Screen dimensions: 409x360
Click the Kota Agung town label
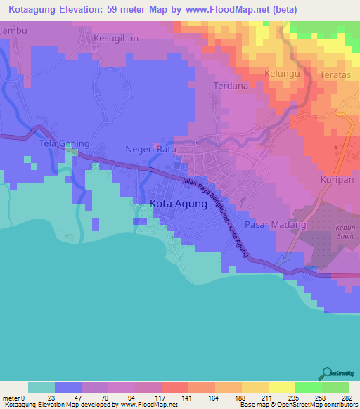click(179, 204)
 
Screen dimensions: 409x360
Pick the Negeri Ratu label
click(149, 149)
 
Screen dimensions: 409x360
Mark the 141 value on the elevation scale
click(188, 397)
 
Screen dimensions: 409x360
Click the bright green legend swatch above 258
click(309, 387)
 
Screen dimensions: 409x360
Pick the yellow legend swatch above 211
click(255, 387)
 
